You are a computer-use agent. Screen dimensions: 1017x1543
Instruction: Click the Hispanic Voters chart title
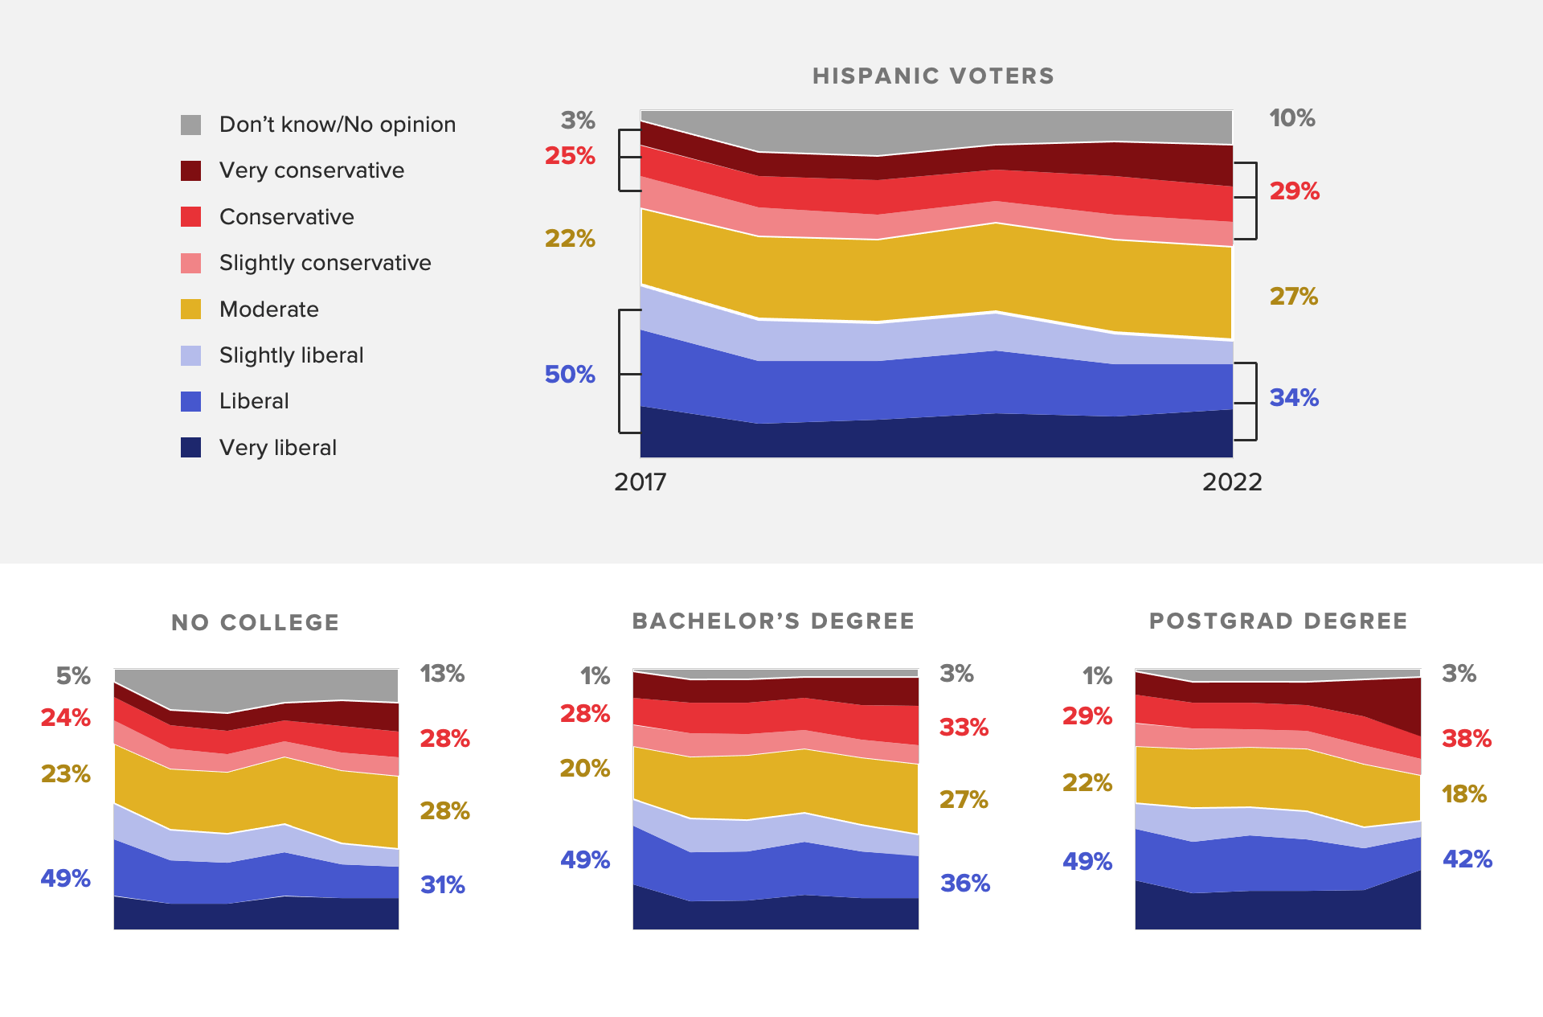(933, 76)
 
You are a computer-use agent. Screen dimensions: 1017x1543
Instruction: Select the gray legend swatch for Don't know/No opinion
(190, 125)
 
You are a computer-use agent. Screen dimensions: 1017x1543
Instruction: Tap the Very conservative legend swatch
(190, 170)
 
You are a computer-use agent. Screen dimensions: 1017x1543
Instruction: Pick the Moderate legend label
(268, 310)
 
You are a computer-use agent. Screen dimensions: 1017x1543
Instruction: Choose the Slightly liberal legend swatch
(190, 355)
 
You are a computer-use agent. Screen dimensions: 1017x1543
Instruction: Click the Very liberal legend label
(277, 448)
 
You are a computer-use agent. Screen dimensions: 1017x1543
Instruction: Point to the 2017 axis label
(640, 482)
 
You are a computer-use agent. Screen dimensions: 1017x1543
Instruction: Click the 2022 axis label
(1232, 482)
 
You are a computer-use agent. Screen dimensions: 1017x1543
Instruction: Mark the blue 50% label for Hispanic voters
(570, 375)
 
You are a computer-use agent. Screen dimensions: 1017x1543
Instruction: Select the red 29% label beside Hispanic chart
(1294, 191)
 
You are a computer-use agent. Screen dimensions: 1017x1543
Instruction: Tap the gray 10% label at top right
(1291, 118)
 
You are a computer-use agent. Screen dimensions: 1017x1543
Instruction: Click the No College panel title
(256, 622)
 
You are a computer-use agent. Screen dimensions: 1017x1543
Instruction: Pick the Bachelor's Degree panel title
(773, 621)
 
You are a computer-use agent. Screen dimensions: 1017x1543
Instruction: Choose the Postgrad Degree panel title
(1278, 621)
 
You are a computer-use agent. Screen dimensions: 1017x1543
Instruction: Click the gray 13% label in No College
(442, 674)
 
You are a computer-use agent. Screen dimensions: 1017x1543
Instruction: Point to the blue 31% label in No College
(443, 885)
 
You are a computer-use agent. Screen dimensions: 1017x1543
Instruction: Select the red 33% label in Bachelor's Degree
(964, 728)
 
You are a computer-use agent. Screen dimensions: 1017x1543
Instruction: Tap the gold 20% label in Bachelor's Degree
(584, 769)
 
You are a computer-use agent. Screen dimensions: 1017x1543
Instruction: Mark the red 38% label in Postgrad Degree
(1466, 739)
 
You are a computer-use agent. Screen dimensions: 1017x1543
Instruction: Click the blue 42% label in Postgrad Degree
(1467, 859)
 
